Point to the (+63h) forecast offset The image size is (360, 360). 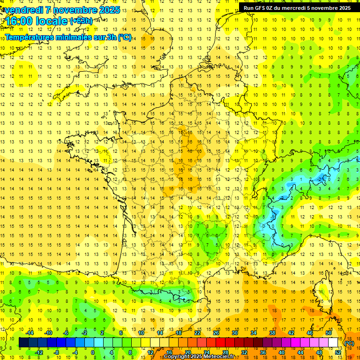(x=81, y=21)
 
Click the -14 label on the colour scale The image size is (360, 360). (x=30, y=333)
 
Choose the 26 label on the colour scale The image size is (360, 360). (x=216, y=333)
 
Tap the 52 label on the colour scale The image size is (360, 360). (x=338, y=352)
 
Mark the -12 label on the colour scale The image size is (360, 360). (x=40, y=352)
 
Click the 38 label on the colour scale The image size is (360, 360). (x=272, y=333)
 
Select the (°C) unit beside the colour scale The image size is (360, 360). (x=349, y=343)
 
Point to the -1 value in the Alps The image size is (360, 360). (x=321, y=179)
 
